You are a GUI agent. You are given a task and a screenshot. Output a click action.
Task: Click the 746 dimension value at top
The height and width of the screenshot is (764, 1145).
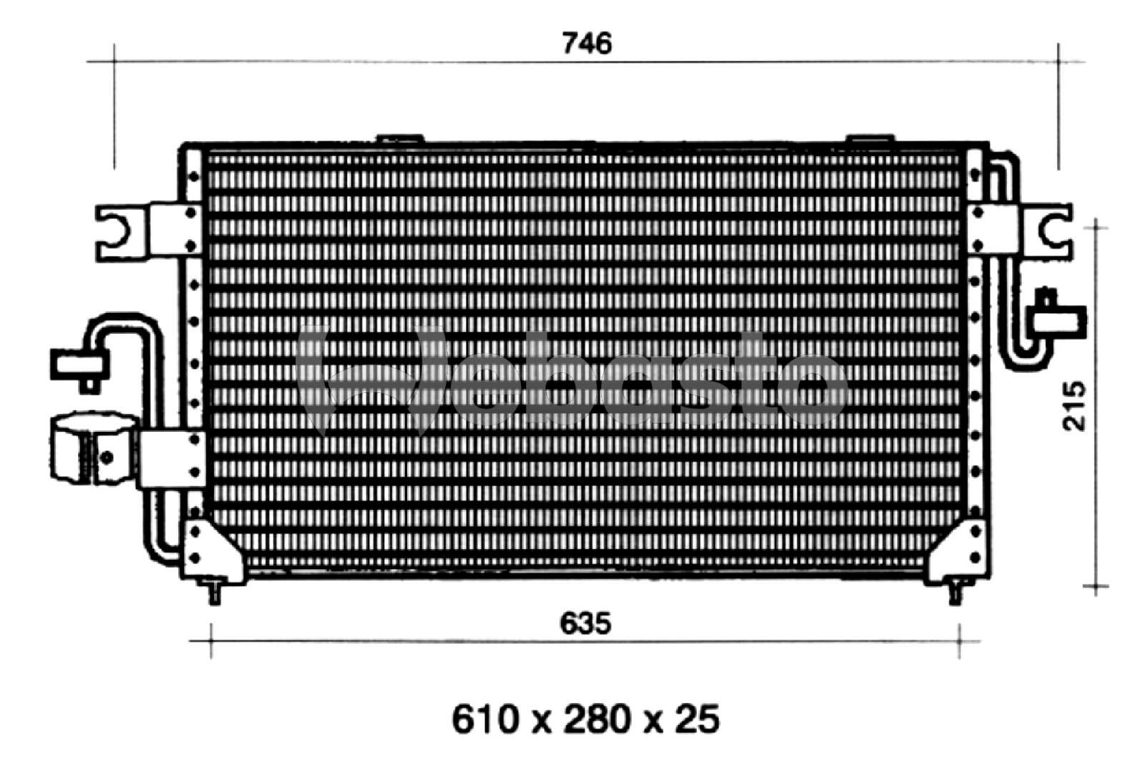(587, 44)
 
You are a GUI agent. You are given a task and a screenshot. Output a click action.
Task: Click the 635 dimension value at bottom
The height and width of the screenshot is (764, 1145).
(585, 624)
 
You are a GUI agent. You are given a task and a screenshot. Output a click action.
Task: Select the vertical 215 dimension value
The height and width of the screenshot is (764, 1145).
(1073, 406)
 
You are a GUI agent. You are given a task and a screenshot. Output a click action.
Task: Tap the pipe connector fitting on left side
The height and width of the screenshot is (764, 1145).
(77, 364)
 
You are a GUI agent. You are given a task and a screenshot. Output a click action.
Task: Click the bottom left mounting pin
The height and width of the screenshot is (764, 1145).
(213, 592)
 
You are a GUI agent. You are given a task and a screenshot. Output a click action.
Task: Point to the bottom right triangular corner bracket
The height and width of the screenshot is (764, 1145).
(959, 548)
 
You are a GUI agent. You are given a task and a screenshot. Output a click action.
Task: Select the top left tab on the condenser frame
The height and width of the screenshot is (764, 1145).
(399, 140)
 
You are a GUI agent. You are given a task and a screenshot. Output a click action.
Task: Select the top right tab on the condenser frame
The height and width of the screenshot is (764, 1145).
(869, 138)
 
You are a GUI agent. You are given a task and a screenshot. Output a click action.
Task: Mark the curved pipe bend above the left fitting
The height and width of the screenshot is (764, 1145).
(118, 324)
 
